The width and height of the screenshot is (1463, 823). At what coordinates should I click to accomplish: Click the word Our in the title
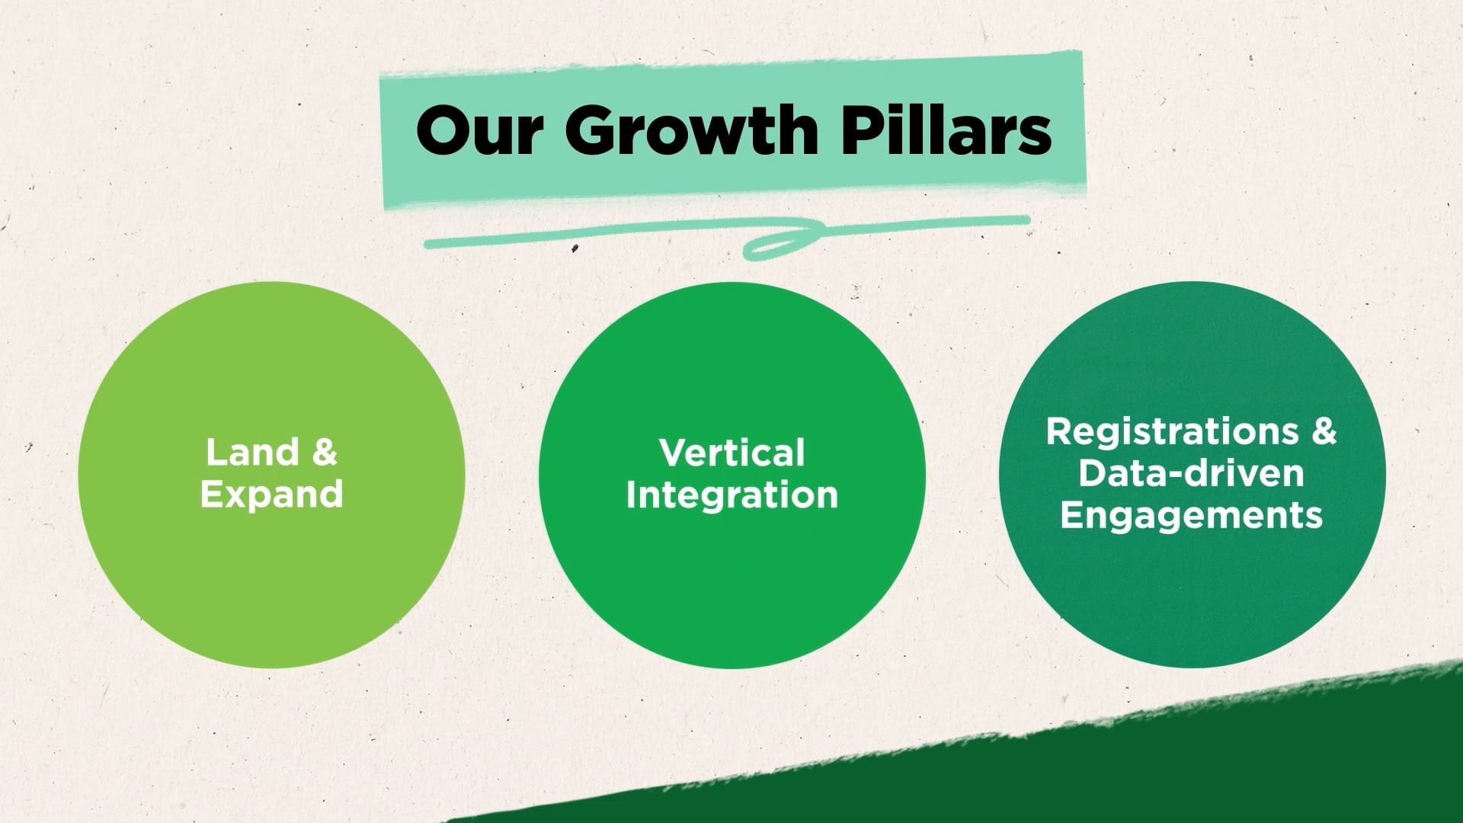tap(479, 130)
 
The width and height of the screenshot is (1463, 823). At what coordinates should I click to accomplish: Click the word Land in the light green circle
tap(251, 453)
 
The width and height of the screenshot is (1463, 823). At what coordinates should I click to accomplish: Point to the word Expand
tap(271, 495)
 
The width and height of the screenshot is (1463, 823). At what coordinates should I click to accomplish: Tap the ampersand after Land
tap(325, 453)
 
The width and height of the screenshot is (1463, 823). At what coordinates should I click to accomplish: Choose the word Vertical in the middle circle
tap(731, 453)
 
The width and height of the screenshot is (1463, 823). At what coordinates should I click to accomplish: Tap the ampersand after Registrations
tap(1324, 431)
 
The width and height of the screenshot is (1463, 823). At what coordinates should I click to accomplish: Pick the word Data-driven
tap(1191, 473)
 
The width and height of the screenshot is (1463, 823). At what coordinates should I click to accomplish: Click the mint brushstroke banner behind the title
tap(732, 130)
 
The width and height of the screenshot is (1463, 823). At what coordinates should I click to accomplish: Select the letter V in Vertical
tap(674, 453)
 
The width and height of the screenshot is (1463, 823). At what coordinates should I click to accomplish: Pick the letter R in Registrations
tap(1059, 431)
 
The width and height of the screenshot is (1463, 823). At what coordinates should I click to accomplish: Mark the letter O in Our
tap(443, 130)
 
